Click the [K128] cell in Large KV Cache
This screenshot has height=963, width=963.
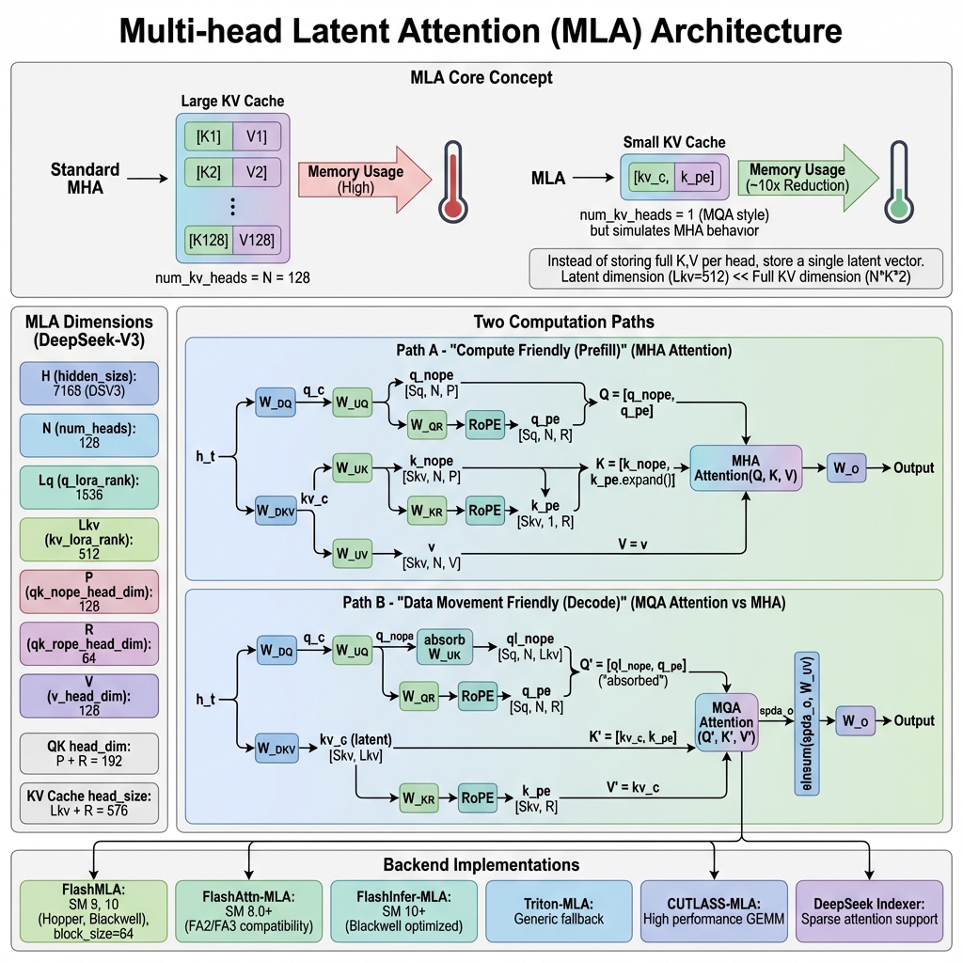[x=207, y=240]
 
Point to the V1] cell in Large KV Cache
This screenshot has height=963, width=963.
[x=257, y=137]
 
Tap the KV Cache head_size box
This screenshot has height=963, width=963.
[x=88, y=803]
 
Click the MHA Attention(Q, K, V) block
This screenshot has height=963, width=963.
[x=745, y=468]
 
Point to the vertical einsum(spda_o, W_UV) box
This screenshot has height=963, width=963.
[x=807, y=721]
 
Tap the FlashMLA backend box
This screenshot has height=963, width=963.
[x=93, y=912]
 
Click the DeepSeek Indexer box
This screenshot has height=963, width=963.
[x=869, y=912]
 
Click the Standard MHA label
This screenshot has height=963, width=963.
[x=85, y=179]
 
